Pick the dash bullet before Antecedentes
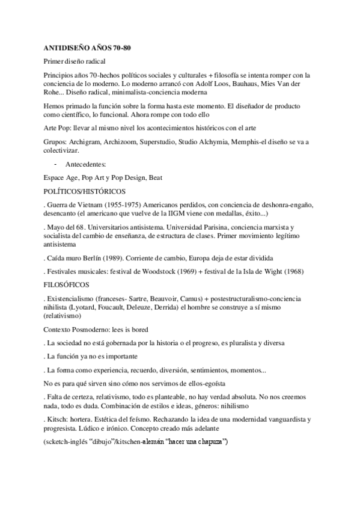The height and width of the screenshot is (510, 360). [55, 164]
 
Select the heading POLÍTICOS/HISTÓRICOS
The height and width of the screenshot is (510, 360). [85, 191]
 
